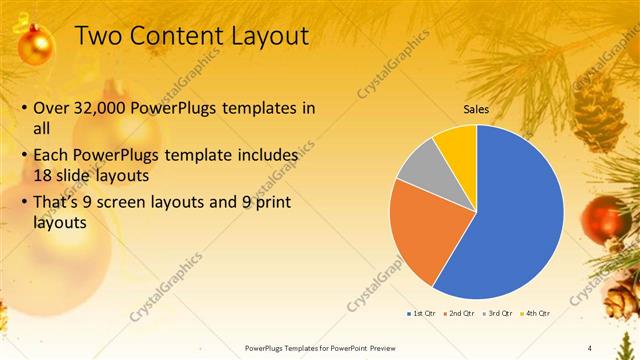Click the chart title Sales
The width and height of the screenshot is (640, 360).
pos(475,110)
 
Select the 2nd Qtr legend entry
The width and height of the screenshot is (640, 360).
pos(458,313)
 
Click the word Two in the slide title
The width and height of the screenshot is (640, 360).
pos(99,36)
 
